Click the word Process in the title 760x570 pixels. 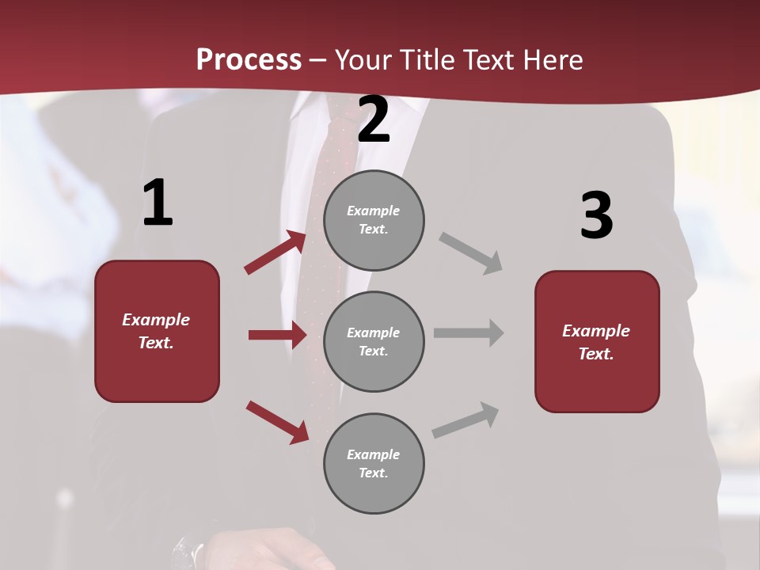tap(249, 60)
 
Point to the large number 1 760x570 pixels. tap(158, 204)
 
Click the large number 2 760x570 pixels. tap(374, 120)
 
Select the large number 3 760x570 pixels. tap(596, 216)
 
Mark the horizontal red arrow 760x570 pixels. tap(277, 335)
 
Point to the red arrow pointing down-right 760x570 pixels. tap(277, 421)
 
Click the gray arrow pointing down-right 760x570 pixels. tap(470, 253)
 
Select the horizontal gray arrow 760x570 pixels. tap(469, 332)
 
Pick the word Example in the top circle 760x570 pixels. tap(374, 211)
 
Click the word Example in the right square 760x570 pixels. tap(596, 331)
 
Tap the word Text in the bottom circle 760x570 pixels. tap(372, 473)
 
